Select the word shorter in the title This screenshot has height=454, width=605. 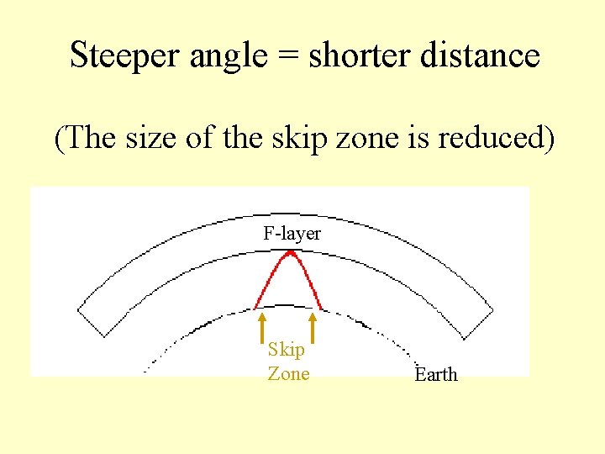[343, 55]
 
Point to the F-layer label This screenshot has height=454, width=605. [292, 234]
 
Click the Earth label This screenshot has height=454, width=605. [436, 375]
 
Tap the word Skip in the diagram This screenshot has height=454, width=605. [286, 351]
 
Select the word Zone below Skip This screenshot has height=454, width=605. [288, 373]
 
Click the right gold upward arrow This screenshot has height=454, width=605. [313, 329]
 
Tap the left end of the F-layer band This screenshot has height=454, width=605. [91, 321]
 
